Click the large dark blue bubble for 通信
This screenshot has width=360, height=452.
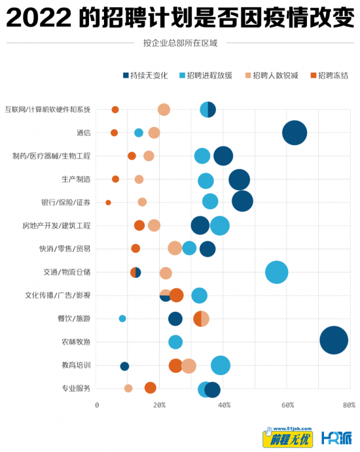point(295,133)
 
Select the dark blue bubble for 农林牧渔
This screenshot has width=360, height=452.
point(334,340)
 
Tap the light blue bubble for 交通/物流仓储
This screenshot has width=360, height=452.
point(276,272)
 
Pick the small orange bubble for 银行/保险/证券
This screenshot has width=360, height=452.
point(108,203)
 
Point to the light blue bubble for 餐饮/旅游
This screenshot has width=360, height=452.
point(122,319)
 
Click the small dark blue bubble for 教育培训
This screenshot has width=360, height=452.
point(124,366)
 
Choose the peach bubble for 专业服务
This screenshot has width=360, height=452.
point(128,389)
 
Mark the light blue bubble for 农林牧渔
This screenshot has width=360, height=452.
point(175,342)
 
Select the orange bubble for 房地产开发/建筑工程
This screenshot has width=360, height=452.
point(139,226)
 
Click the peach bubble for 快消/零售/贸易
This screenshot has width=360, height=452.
point(175,248)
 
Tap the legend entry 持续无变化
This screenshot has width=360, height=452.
point(145,75)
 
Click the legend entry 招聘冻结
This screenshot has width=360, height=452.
point(329,75)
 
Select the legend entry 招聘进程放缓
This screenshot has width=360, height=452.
point(206,75)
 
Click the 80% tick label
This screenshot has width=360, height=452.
point(349,406)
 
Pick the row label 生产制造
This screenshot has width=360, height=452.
point(76,179)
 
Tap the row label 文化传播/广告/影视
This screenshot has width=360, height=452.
point(58,296)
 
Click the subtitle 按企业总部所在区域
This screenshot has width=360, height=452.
point(180,43)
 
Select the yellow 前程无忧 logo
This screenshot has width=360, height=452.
point(287,438)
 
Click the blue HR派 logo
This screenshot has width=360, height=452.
point(336,438)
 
